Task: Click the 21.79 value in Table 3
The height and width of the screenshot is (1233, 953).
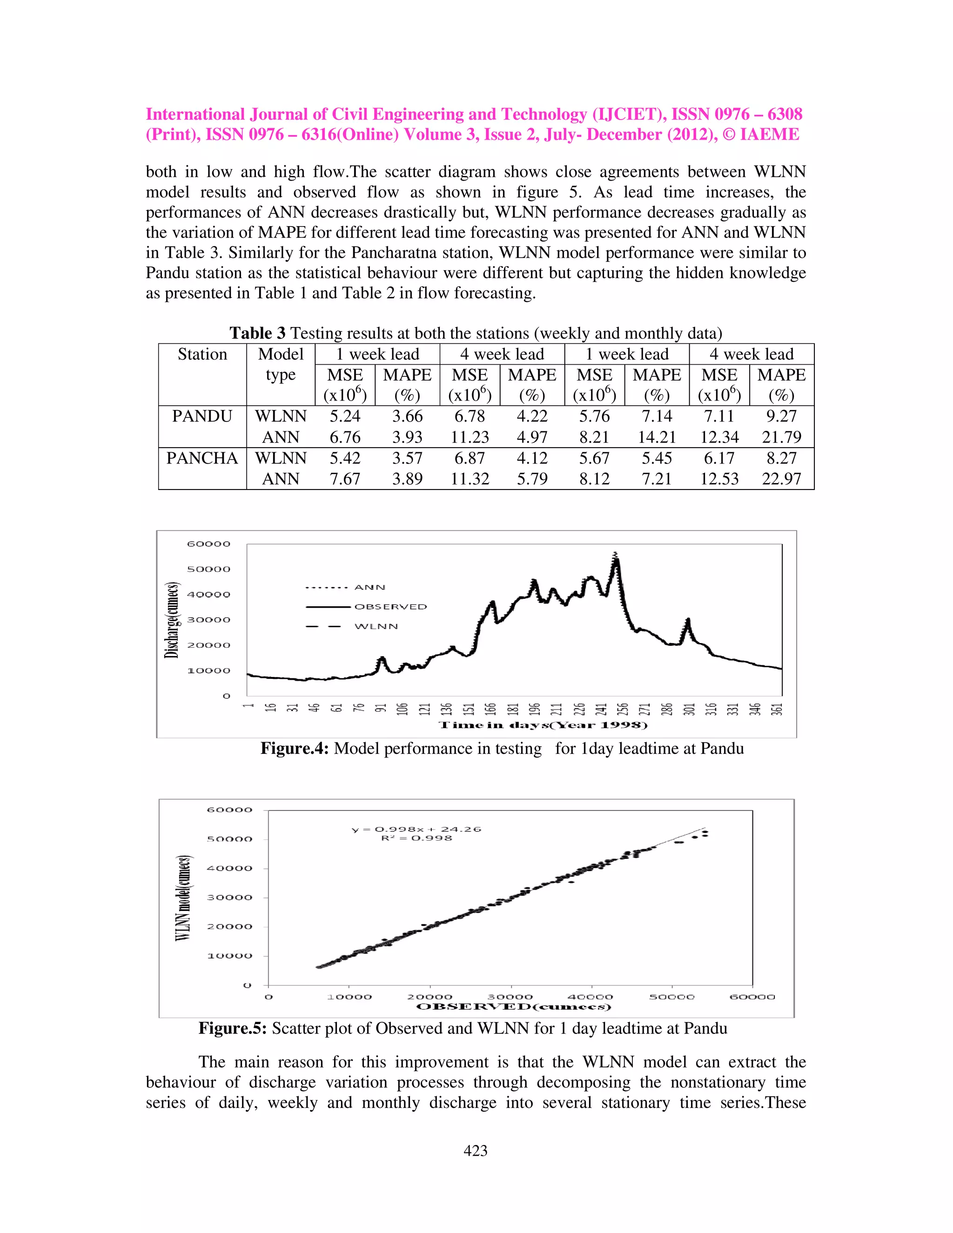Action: pyautogui.click(x=781, y=437)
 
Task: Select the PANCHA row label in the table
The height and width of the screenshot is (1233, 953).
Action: pyautogui.click(x=202, y=458)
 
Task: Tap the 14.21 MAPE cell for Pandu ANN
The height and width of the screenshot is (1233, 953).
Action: pyautogui.click(x=657, y=437)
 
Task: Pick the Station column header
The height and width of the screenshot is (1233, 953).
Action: pyautogui.click(x=202, y=354)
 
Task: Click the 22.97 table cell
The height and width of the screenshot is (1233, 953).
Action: pyautogui.click(x=781, y=479)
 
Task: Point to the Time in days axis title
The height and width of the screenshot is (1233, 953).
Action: pyautogui.click(x=543, y=725)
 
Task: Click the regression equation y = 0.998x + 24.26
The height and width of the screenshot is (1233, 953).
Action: pyautogui.click(x=416, y=829)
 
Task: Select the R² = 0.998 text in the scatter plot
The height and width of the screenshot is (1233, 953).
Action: pyautogui.click(x=416, y=838)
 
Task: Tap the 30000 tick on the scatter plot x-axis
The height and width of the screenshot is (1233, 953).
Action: pyautogui.click(x=510, y=997)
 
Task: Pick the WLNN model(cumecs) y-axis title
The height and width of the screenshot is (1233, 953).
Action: pyautogui.click(x=182, y=898)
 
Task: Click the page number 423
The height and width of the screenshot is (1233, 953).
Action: pyautogui.click(x=476, y=1151)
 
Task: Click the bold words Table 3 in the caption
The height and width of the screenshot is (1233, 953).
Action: pyautogui.click(x=257, y=333)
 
